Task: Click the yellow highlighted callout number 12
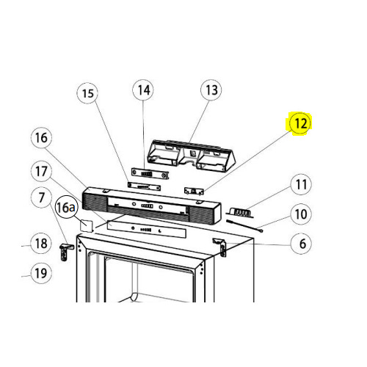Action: (x=300, y=123)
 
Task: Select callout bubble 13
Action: (x=211, y=90)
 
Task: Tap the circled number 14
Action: (x=143, y=90)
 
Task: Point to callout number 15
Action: (x=87, y=93)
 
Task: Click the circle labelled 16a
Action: (x=66, y=207)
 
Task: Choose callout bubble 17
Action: (x=41, y=171)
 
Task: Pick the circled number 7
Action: (x=42, y=197)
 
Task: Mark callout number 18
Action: (x=41, y=244)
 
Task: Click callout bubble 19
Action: (x=41, y=273)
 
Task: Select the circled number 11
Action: (x=301, y=184)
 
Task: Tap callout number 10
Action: (x=301, y=214)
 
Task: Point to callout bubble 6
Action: (x=301, y=244)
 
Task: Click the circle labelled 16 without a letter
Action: (x=41, y=138)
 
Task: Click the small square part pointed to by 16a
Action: (x=87, y=225)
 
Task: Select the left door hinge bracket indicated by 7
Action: (x=65, y=252)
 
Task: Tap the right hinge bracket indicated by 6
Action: (x=220, y=247)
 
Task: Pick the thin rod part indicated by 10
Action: (x=244, y=226)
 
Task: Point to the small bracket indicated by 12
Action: (x=194, y=191)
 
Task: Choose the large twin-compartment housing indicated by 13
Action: (x=191, y=155)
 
